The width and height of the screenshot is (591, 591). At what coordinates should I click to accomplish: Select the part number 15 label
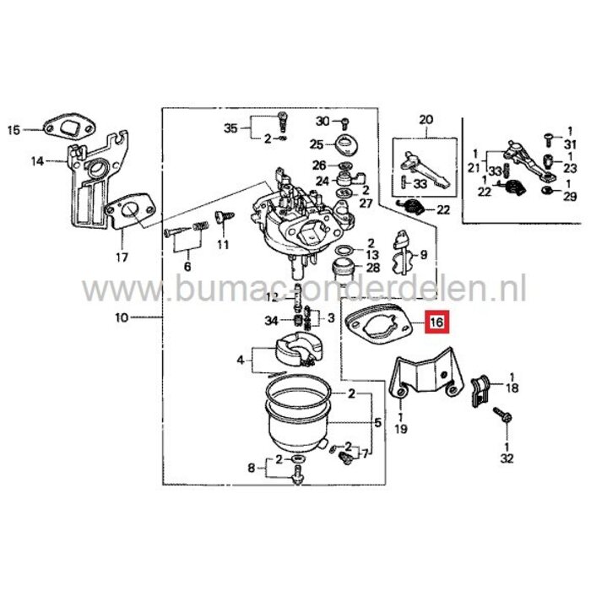coord(13,130)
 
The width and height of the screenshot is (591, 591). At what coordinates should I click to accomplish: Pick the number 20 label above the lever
coord(424,120)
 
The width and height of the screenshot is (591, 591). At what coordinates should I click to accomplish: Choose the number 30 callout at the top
coord(322,121)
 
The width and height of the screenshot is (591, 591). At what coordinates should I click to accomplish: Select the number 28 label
coord(373,268)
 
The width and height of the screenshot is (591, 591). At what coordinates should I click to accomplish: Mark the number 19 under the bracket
coord(401,429)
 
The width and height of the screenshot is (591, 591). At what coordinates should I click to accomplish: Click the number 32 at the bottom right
coord(507,459)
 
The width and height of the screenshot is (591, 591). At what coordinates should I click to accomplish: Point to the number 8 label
coord(250,467)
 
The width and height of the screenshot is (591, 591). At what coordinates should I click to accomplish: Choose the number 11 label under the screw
coord(224,245)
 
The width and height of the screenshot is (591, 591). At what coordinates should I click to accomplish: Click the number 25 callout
coord(316,144)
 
